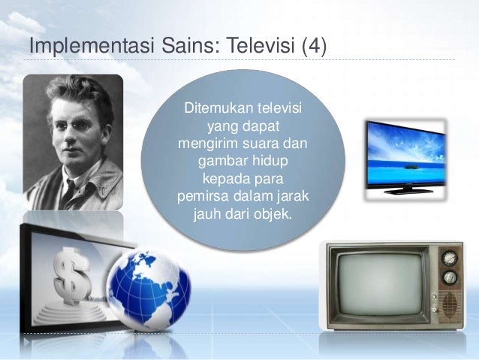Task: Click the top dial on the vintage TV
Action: (450, 258)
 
